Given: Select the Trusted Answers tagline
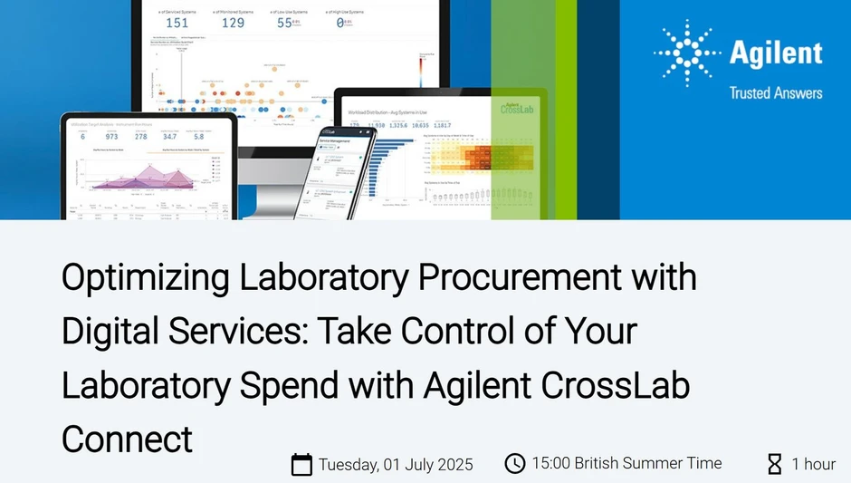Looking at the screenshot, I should coord(776,93).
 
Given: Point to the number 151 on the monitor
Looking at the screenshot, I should coord(177,23).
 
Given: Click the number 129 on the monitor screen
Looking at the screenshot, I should coord(233,23).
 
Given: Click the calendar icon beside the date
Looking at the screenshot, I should coord(301,465).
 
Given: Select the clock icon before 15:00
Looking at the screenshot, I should coord(514,464).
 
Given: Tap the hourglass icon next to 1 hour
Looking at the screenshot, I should coord(775,464).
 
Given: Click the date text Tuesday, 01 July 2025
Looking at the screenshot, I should coord(396,465).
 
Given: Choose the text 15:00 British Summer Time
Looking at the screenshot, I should coord(626,464).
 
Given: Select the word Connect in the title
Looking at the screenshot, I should coord(127,439).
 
